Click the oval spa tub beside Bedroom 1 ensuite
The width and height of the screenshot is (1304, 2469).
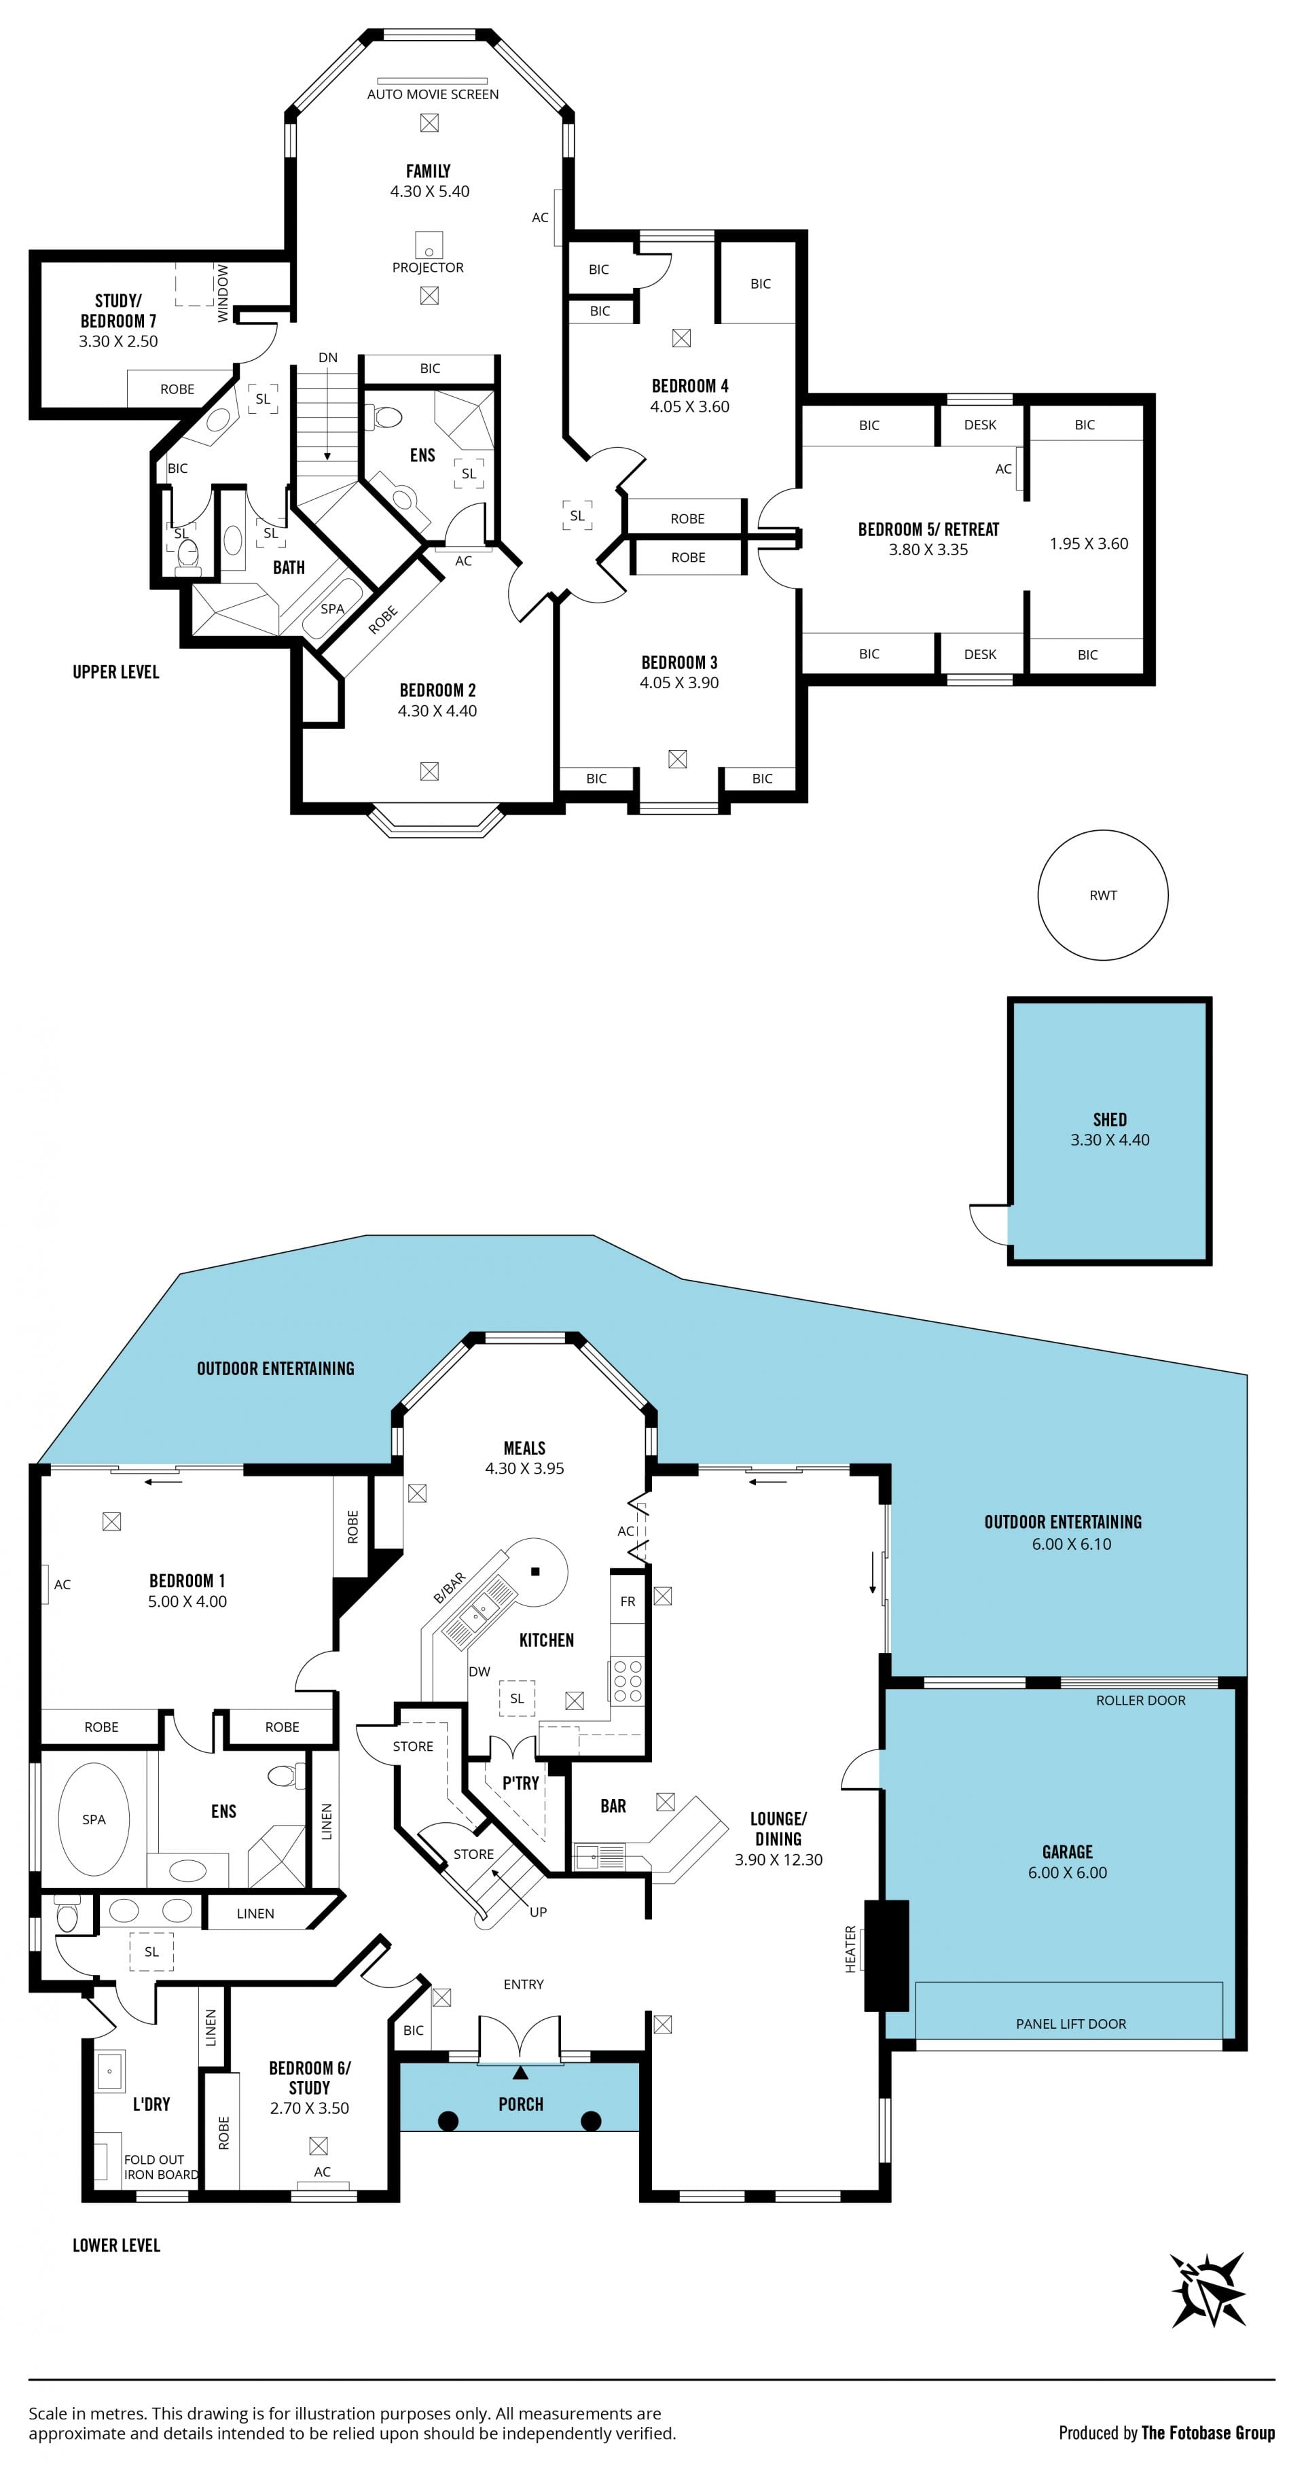(94, 1819)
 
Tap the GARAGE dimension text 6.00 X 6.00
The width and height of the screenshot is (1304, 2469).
(1068, 1872)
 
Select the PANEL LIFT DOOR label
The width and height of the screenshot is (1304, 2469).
(1070, 2023)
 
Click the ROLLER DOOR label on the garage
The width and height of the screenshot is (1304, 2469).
(1140, 1701)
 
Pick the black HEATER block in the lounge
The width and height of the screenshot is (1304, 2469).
(886, 1955)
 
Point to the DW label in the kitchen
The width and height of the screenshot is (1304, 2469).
(479, 1671)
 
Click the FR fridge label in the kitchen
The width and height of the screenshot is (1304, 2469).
(628, 1601)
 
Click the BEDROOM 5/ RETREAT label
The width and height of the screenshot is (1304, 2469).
(928, 529)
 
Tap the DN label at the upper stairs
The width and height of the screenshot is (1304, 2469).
(327, 357)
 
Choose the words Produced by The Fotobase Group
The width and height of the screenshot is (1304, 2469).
(1166, 2432)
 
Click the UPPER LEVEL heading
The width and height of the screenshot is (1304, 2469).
(116, 672)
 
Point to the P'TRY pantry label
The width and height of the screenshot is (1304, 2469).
(520, 1783)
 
